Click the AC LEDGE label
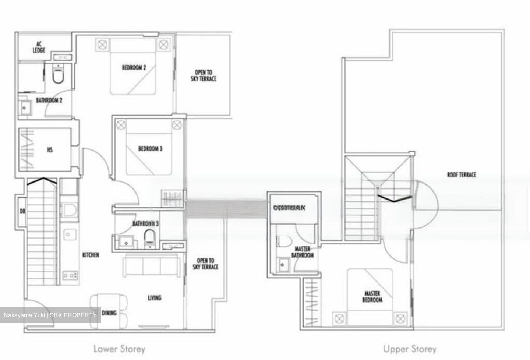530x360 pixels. (39, 47)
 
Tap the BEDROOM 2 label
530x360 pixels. (134, 68)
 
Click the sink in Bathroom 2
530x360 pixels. (25, 108)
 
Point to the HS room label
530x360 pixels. (50, 149)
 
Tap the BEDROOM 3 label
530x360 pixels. (150, 149)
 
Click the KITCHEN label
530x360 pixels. (91, 255)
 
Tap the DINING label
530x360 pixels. (109, 313)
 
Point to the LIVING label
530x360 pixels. (155, 297)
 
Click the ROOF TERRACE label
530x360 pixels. (462, 174)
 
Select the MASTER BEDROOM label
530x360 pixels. (372, 297)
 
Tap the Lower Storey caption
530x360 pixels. (119, 349)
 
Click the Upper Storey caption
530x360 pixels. (410, 349)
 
